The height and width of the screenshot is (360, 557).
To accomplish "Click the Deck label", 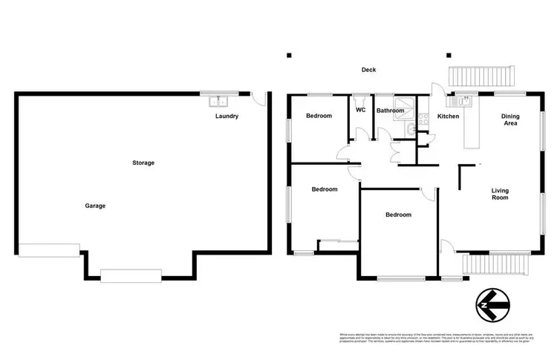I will click(368, 70).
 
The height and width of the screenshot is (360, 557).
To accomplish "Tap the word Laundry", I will click(227, 117).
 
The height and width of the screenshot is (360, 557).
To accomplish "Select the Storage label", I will click(143, 163).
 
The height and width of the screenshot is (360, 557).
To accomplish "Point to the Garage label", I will click(94, 206).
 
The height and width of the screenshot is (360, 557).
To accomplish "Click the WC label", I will click(361, 111).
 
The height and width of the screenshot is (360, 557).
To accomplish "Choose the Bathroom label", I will click(390, 111).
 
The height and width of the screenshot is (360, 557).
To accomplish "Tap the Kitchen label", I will click(449, 117).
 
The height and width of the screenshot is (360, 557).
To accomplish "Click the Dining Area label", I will click(510, 120).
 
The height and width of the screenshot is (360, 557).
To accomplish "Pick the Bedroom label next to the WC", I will click(319, 116).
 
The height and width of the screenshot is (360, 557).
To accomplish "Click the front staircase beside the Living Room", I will click(495, 264).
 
